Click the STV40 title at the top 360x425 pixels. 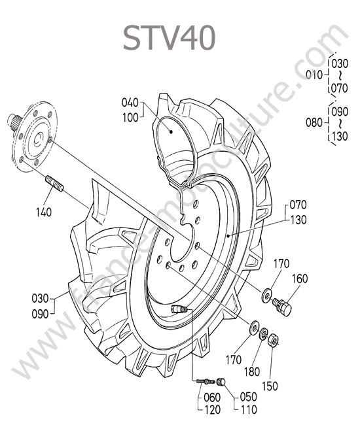pyautogui.click(x=169, y=38)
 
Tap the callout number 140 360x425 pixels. pyautogui.click(x=44, y=212)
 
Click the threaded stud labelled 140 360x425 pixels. pyautogui.click(x=54, y=184)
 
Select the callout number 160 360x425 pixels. pyautogui.click(x=300, y=279)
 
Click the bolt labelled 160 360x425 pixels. pyautogui.click(x=282, y=306)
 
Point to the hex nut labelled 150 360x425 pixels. pyautogui.click(x=272, y=340)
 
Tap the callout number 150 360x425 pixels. pyautogui.click(x=270, y=386)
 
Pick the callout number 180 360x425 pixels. pyautogui.click(x=252, y=371)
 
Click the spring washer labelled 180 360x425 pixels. pyautogui.click(x=263, y=335)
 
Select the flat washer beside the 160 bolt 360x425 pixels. pyautogui.click(x=266, y=295)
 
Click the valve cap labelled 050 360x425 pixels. pyautogui.click(x=221, y=382)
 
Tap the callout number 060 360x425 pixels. pyautogui.click(x=212, y=398)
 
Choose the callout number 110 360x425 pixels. pyautogui.click(x=248, y=409)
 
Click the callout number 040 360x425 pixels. pyautogui.click(x=130, y=103)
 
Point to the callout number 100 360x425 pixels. pyautogui.click(x=130, y=118)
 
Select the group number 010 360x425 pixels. pyautogui.click(x=314, y=75)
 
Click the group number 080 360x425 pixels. pyautogui.click(x=314, y=122)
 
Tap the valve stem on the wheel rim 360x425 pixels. pyautogui.click(x=179, y=309)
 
